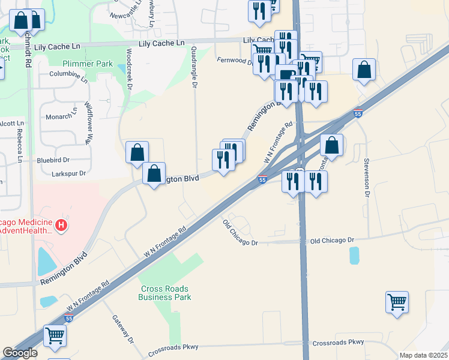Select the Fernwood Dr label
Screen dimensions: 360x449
(234, 61)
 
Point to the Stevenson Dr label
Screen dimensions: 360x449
(366, 178)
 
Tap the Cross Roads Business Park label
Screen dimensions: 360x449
(164, 293)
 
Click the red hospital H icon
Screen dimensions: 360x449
(61, 226)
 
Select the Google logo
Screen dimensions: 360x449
(20, 353)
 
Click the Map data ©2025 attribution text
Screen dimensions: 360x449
(423, 355)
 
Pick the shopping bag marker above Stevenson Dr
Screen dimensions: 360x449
(364, 70)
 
